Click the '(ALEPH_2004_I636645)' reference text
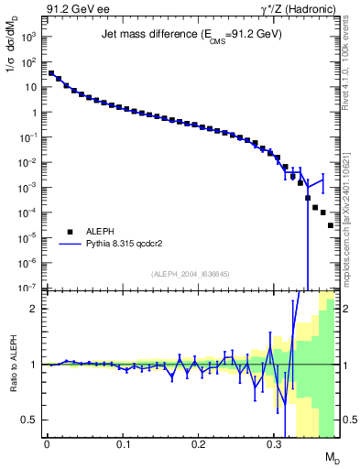click(x=191, y=273)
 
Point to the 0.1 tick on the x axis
click(x=123, y=444)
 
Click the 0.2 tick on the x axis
click(x=198, y=444)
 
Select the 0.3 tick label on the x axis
click(x=274, y=444)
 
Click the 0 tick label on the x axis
click(x=47, y=444)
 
